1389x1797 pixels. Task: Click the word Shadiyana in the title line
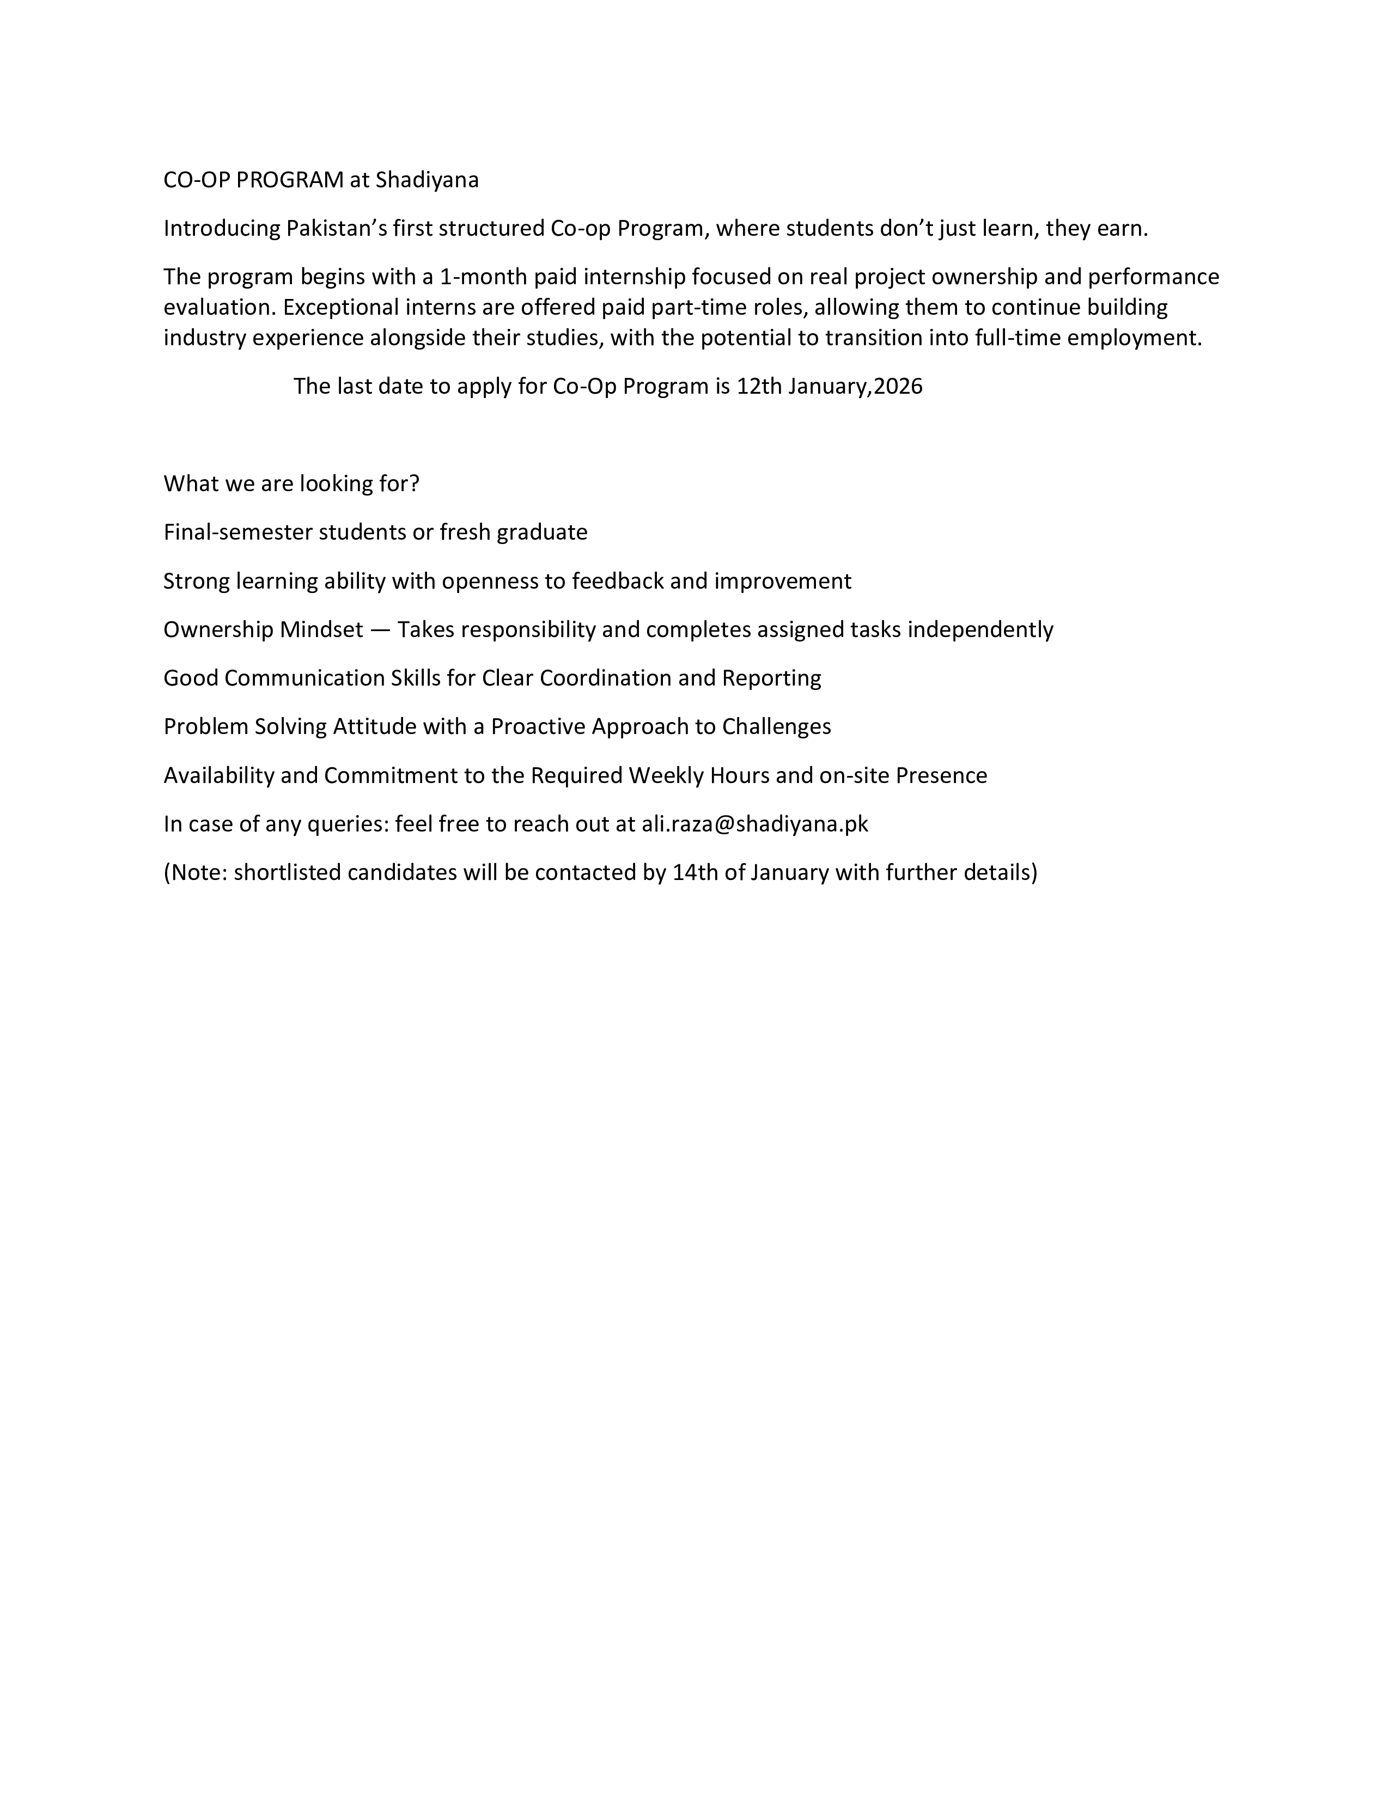[427, 180]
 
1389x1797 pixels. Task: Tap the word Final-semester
[238, 533]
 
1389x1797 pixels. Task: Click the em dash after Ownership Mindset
[380, 630]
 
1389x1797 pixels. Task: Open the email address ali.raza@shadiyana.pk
[754, 823]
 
